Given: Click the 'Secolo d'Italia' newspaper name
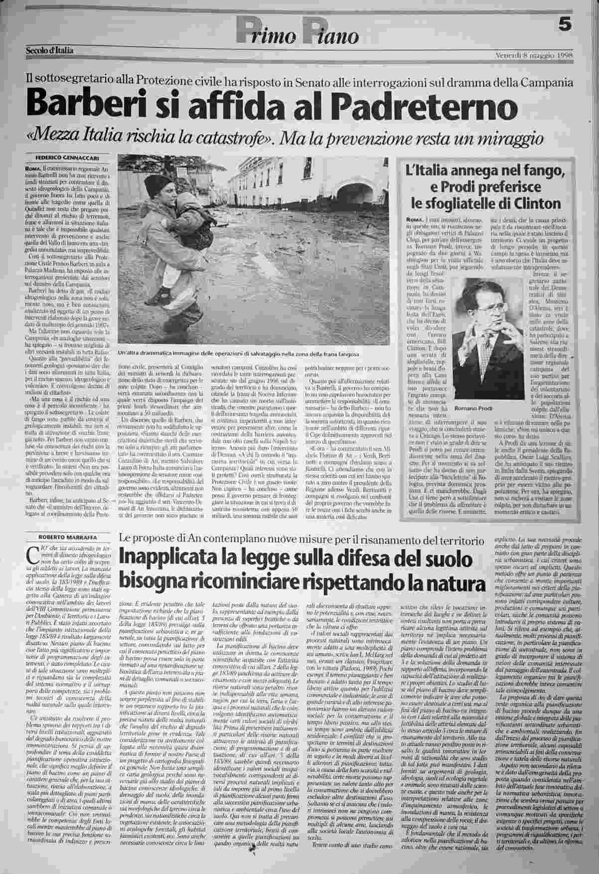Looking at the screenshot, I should [50, 50].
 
